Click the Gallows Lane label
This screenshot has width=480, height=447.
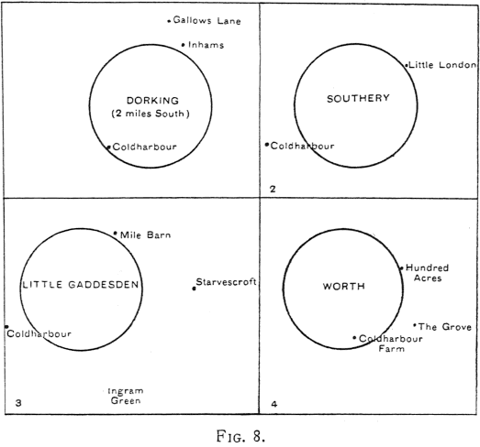[x=207, y=20]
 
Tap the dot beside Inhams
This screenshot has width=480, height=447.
[x=183, y=45]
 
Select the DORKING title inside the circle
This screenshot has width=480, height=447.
[x=152, y=101]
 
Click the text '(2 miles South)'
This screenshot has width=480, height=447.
[x=151, y=114]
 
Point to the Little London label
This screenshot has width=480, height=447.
[x=442, y=65]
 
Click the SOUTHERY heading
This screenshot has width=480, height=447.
[x=358, y=98]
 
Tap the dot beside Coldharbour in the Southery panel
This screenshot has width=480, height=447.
[x=267, y=145]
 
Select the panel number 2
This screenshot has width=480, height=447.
[x=273, y=189]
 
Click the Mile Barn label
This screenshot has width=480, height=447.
[x=145, y=235]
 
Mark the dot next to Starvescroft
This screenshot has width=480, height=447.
[x=194, y=289]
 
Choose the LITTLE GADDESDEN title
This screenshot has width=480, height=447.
[x=81, y=285]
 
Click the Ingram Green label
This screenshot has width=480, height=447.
[x=126, y=396]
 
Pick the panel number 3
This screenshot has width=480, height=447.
[x=18, y=403]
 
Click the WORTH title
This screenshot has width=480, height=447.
[x=344, y=287]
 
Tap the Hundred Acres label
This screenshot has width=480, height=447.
[x=427, y=273]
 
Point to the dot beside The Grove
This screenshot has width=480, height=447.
[x=415, y=325]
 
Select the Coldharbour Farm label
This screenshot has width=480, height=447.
[x=391, y=343]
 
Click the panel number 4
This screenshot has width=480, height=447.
[x=274, y=404]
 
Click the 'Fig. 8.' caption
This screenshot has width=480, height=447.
[x=241, y=436]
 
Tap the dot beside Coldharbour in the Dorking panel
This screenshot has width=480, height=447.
[x=108, y=147]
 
